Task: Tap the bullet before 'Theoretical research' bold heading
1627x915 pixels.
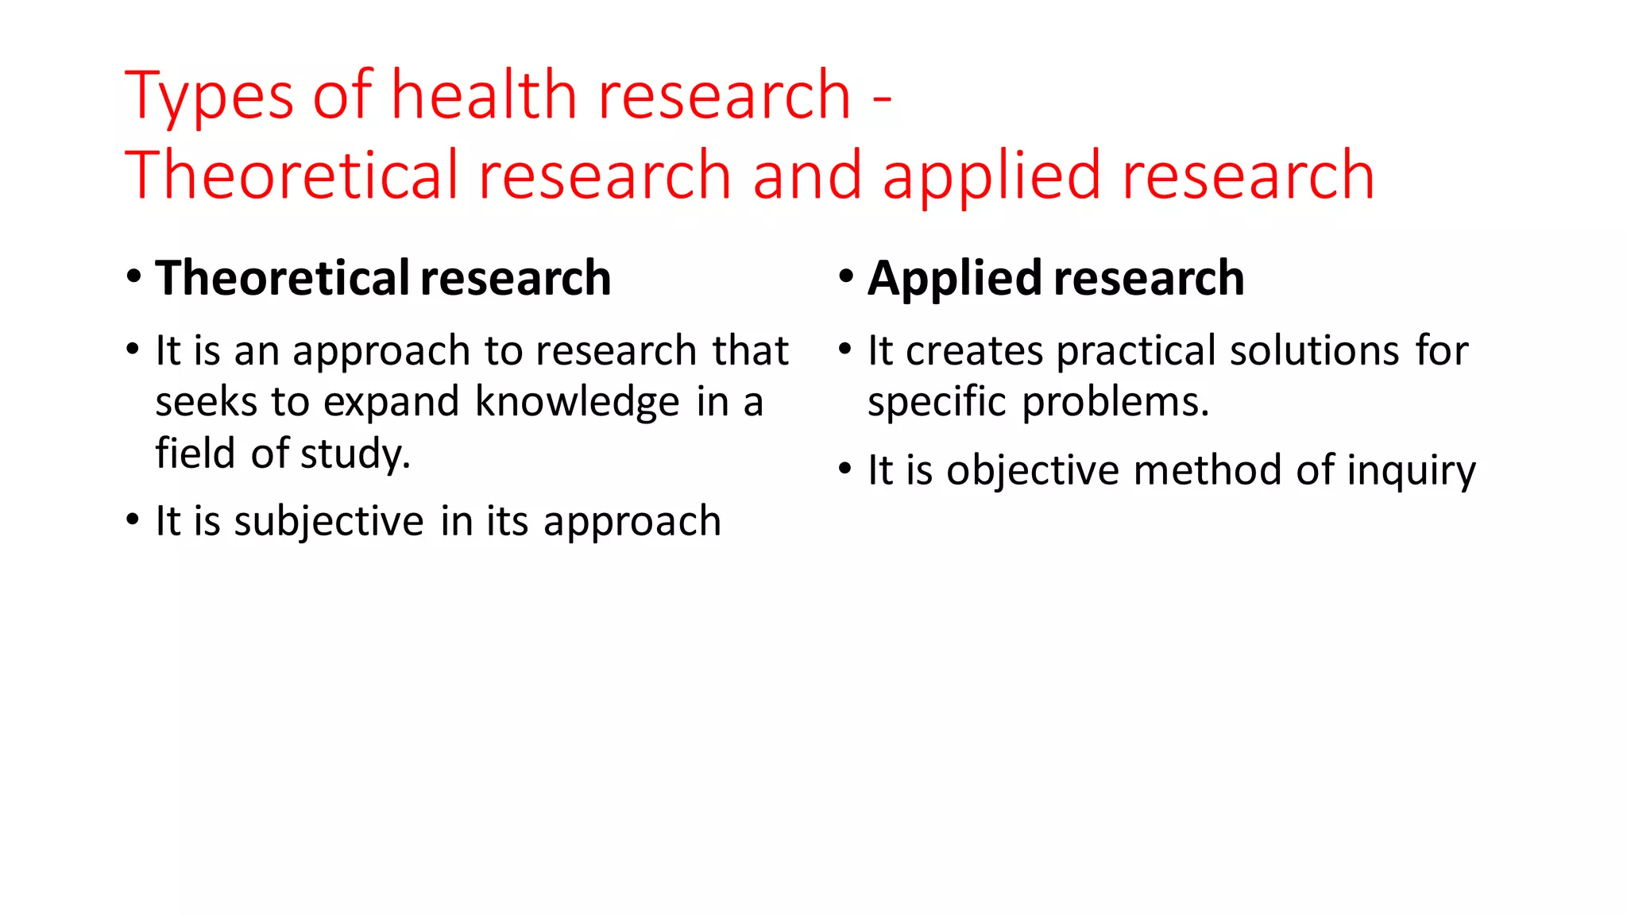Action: point(133,277)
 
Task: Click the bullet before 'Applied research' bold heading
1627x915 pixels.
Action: point(846,277)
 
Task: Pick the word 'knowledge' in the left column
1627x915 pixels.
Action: point(577,401)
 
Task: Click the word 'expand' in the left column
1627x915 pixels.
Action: point(392,403)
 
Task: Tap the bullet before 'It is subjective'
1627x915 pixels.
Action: point(133,520)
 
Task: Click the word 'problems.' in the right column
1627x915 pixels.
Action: point(1115,403)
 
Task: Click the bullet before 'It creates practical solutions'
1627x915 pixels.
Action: point(846,349)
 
